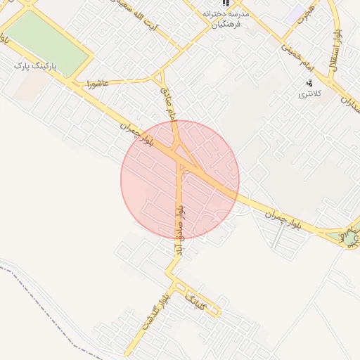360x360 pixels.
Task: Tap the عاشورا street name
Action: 96,83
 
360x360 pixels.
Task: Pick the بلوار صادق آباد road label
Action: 179,229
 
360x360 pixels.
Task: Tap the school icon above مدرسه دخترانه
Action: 226,3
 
